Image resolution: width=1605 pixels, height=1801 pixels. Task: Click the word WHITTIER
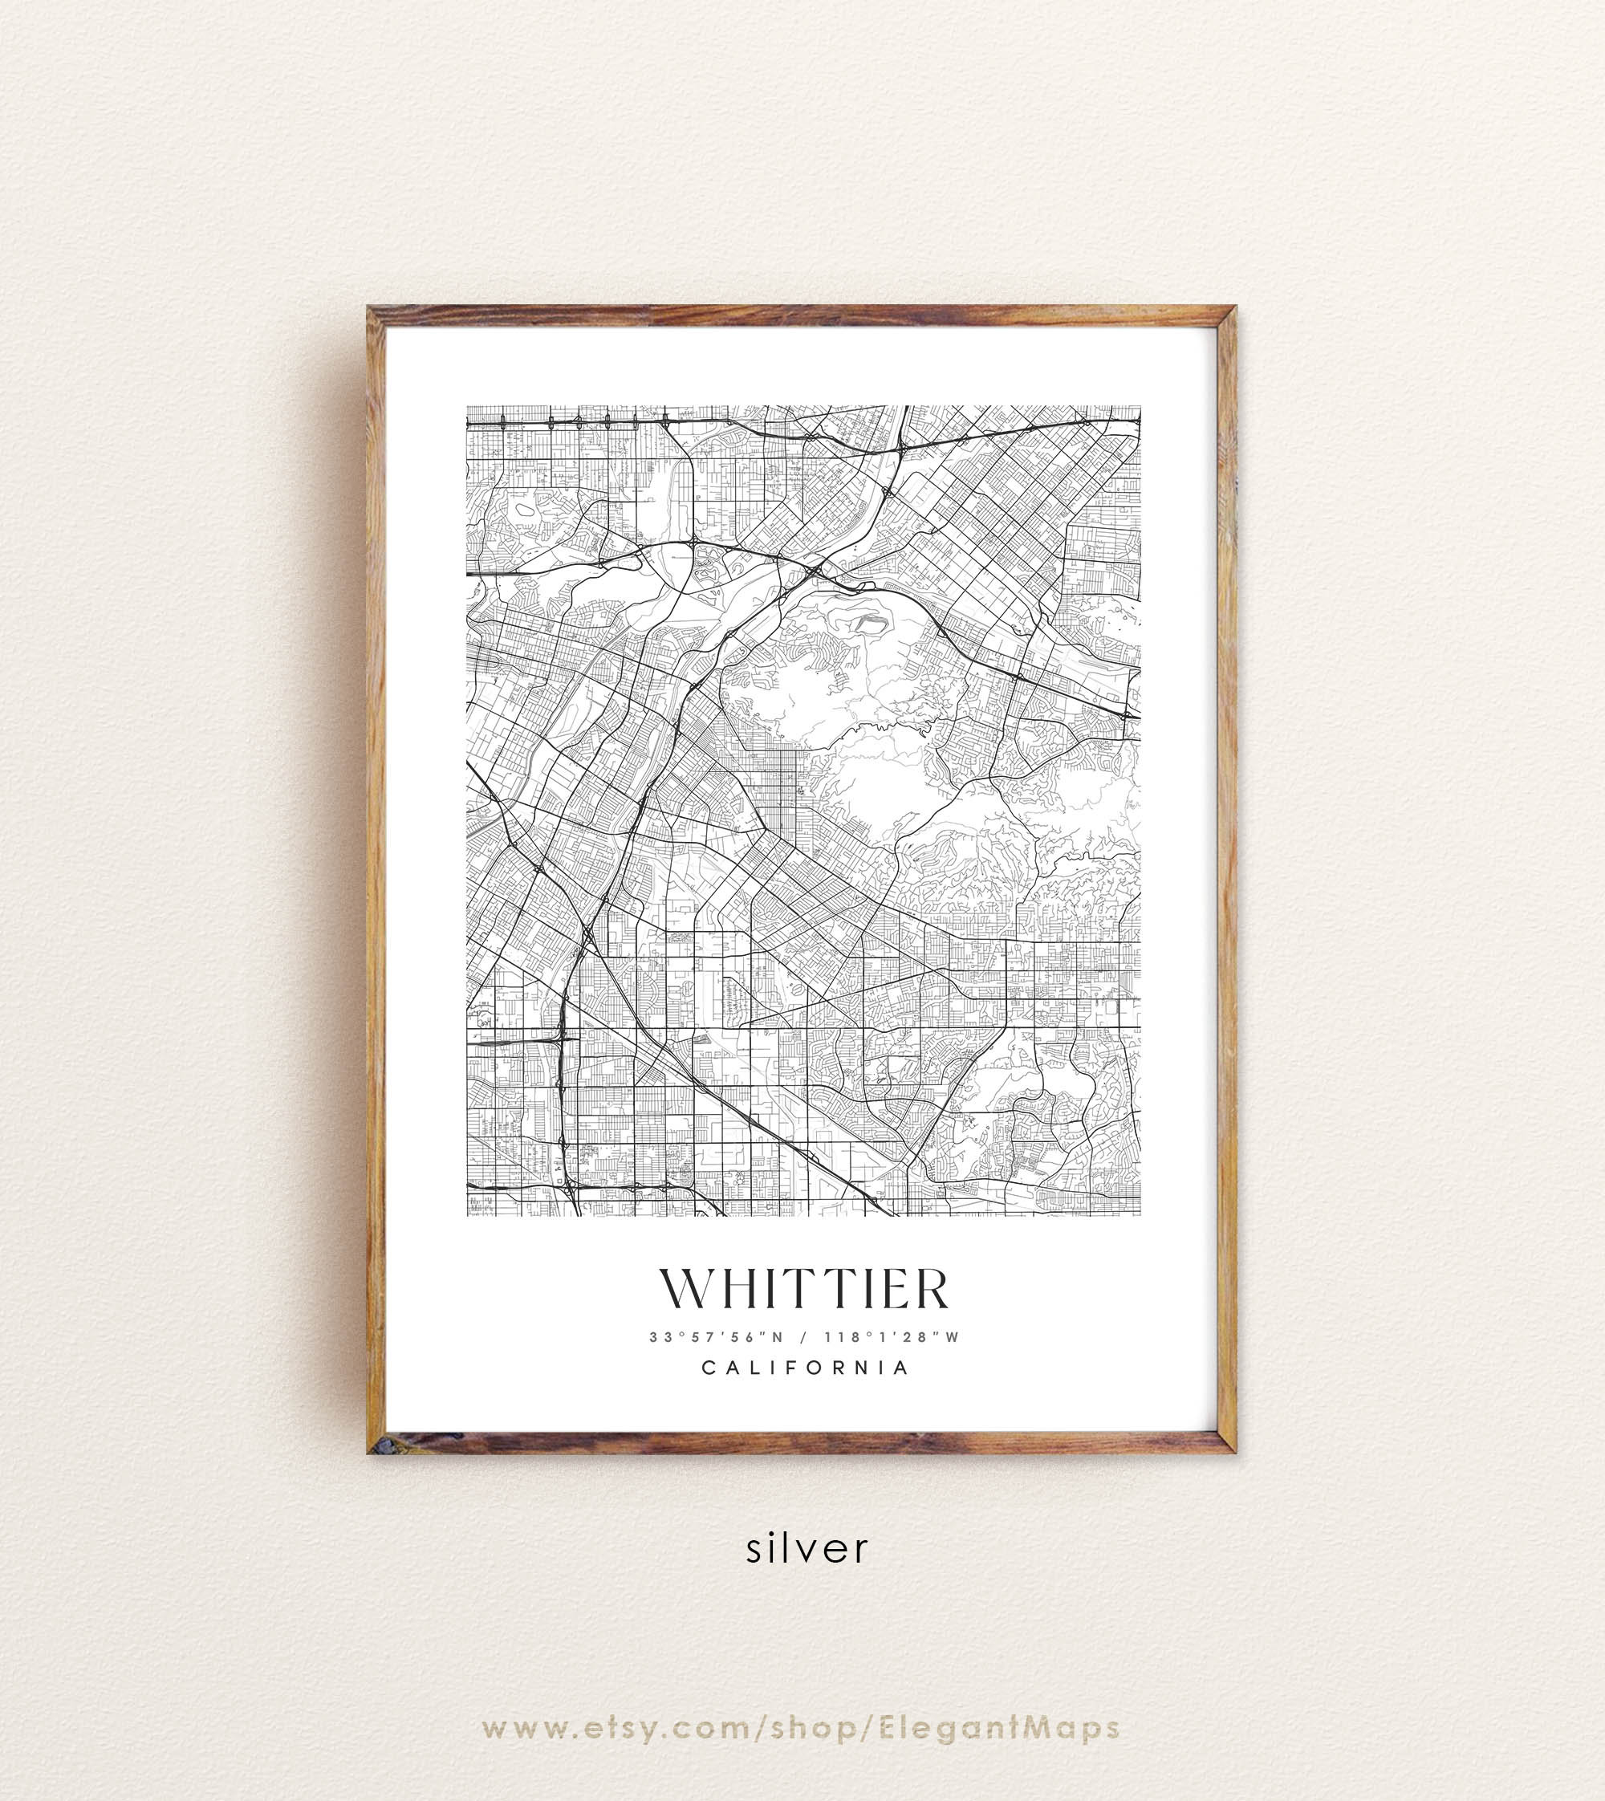coord(803,1290)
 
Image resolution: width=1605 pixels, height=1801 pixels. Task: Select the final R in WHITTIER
coord(930,1290)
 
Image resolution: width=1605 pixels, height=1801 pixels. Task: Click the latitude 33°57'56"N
coord(716,1337)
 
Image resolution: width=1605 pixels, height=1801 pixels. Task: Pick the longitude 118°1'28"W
coord(891,1337)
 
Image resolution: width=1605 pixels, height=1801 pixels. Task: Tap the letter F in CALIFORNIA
coord(792,1368)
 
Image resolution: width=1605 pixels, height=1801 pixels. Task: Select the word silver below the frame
coord(807,1549)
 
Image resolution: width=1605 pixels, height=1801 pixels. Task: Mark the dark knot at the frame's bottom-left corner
coord(380,1445)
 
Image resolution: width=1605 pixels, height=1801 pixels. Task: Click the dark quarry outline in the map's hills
coord(868,625)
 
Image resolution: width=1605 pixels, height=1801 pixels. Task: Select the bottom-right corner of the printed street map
coord(1140,1215)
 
